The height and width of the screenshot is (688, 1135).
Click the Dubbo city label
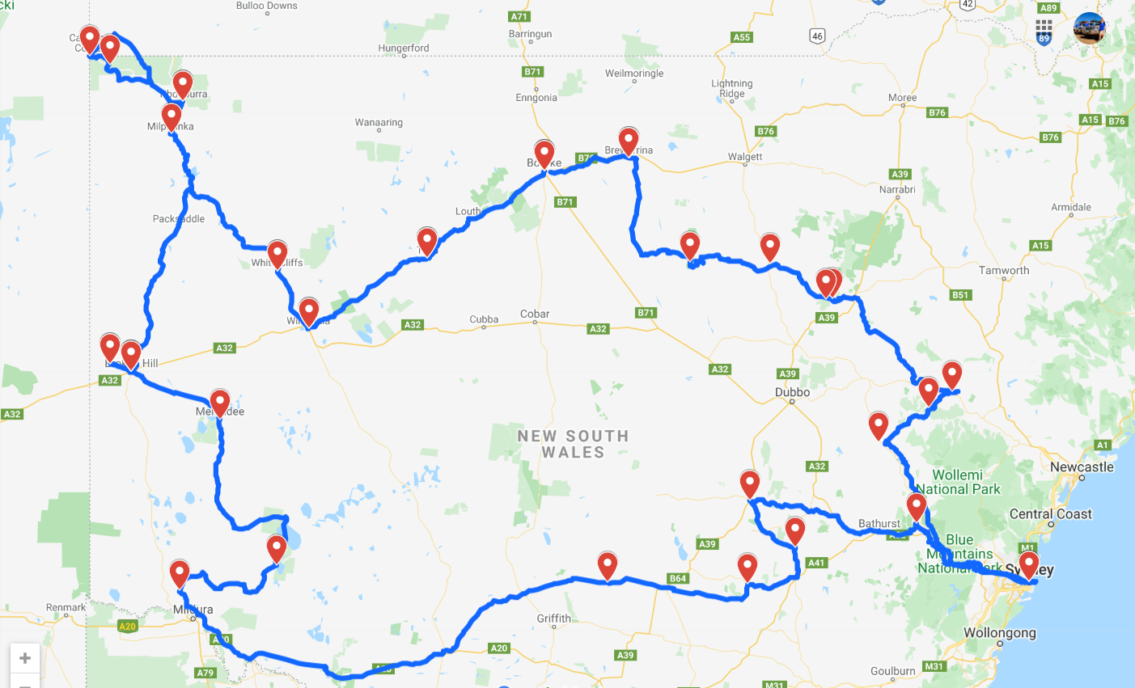pyautogui.click(x=792, y=392)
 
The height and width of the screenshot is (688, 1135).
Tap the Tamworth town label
pyautogui.click(x=1004, y=271)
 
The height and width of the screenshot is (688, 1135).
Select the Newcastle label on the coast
pyautogui.click(x=1082, y=467)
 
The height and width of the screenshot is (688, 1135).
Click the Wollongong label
pyautogui.click(x=999, y=633)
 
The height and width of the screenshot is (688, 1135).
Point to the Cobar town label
pyautogui.click(x=535, y=314)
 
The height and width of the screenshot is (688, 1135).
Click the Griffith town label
pyautogui.click(x=553, y=618)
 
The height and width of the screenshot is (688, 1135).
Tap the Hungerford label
pyautogui.click(x=404, y=49)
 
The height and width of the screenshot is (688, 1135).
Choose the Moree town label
pyautogui.click(x=902, y=98)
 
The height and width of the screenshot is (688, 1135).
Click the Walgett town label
pyautogui.click(x=744, y=157)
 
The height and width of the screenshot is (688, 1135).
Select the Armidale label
pyautogui.click(x=1070, y=208)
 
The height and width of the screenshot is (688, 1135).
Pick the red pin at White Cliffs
pyautogui.click(x=277, y=253)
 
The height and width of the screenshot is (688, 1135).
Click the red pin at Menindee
pyautogui.click(x=220, y=402)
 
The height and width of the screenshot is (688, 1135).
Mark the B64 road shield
pyautogui.click(x=678, y=578)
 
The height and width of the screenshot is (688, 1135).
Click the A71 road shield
pyautogui.click(x=519, y=17)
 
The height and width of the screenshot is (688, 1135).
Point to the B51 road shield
pyautogui.click(x=960, y=295)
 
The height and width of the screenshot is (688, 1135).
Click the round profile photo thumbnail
pyautogui.click(x=1089, y=29)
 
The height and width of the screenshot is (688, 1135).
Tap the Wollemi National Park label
pyautogui.click(x=958, y=482)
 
